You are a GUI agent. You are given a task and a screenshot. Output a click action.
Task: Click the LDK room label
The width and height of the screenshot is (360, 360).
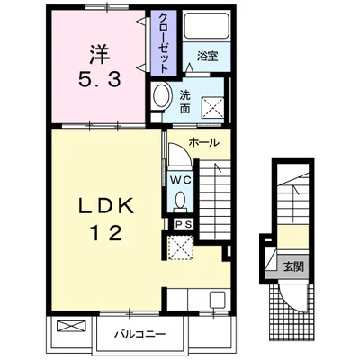[x=106, y=206]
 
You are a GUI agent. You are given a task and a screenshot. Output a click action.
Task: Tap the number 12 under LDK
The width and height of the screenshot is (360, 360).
[x=106, y=233]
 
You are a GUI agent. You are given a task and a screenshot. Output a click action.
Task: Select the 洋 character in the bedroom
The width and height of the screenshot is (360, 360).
[x=100, y=54]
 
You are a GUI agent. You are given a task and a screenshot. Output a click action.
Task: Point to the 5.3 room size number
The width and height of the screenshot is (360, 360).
[x=100, y=80]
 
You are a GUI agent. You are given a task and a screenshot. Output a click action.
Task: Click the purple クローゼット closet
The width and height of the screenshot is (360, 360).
[x=163, y=43]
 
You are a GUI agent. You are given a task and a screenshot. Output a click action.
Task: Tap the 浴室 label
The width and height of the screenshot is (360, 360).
[x=208, y=56]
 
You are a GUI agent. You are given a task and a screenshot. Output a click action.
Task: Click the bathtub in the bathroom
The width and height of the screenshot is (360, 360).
[x=206, y=25]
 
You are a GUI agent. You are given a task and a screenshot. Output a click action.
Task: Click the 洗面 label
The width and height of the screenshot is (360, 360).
[x=185, y=102]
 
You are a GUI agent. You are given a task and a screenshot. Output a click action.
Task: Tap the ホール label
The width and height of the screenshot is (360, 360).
[x=204, y=142]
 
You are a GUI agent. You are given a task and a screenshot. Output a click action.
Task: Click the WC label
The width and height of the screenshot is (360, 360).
[x=181, y=180]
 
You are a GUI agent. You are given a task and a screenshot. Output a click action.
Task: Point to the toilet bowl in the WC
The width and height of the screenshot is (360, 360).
[x=180, y=201]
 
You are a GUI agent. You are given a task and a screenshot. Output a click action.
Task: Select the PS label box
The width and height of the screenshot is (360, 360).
[x=184, y=225]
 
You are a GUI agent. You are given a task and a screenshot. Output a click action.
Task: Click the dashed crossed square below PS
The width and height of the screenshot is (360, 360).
[x=180, y=247]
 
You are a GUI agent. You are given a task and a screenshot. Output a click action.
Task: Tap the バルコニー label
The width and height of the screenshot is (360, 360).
[x=140, y=334]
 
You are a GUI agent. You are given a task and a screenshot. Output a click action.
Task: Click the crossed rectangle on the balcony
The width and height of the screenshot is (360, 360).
[x=71, y=326]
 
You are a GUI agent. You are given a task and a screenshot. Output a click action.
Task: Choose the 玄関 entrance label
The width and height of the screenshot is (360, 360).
[x=294, y=266]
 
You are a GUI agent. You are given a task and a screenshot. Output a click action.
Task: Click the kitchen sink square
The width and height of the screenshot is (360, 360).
[x=217, y=300]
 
